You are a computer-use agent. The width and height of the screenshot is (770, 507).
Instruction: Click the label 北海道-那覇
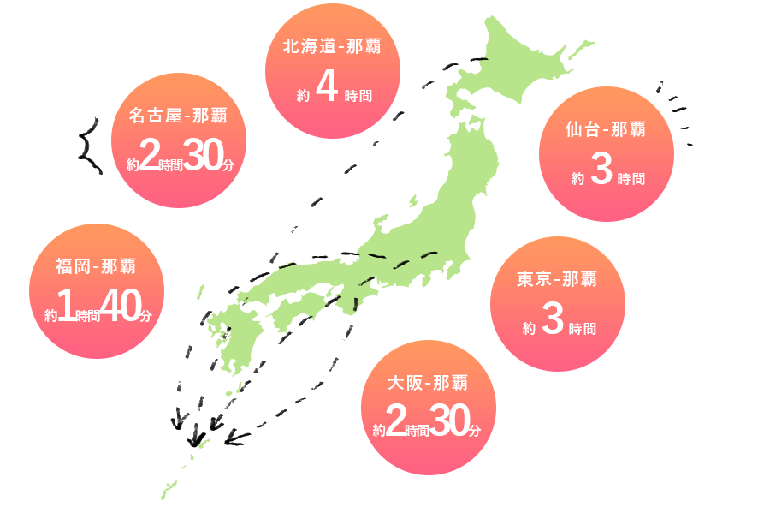pyautogui.click(x=332, y=47)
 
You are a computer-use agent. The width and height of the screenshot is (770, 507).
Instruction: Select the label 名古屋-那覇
pyautogui.click(x=178, y=116)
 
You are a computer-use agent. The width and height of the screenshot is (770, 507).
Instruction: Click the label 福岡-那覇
pyautogui.click(x=96, y=266)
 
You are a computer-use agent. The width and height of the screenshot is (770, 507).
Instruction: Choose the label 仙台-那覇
pyautogui.click(x=606, y=130)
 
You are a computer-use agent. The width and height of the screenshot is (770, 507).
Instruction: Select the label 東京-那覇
pyautogui.click(x=557, y=280)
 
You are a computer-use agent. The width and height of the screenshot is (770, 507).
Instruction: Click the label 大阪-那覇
pyautogui.click(x=428, y=383)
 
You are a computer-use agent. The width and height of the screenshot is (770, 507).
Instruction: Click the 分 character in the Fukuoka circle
pyautogui.click(x=145, y=316)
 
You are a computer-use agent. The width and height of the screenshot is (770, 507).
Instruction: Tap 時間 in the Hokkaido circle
pyautogui.click(x=358, y=96)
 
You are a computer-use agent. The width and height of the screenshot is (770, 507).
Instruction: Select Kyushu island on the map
pyautogui.click(x=229, y=338)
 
